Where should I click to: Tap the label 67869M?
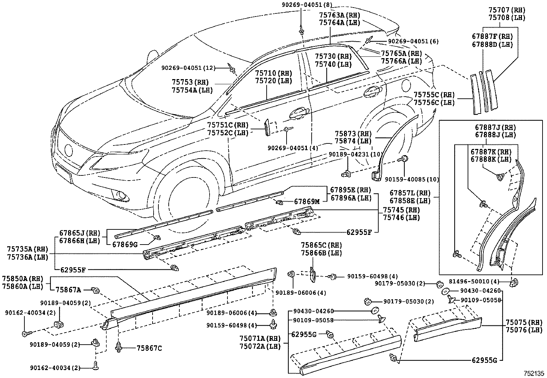coord(307,202)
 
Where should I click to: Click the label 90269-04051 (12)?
coord(188,68)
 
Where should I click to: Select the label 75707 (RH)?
coord(507,10)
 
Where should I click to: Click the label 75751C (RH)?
coord(227,125)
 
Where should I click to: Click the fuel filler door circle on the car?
coord(405,84)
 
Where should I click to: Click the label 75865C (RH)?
coord(321,246)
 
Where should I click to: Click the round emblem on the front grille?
coord(68,150)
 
